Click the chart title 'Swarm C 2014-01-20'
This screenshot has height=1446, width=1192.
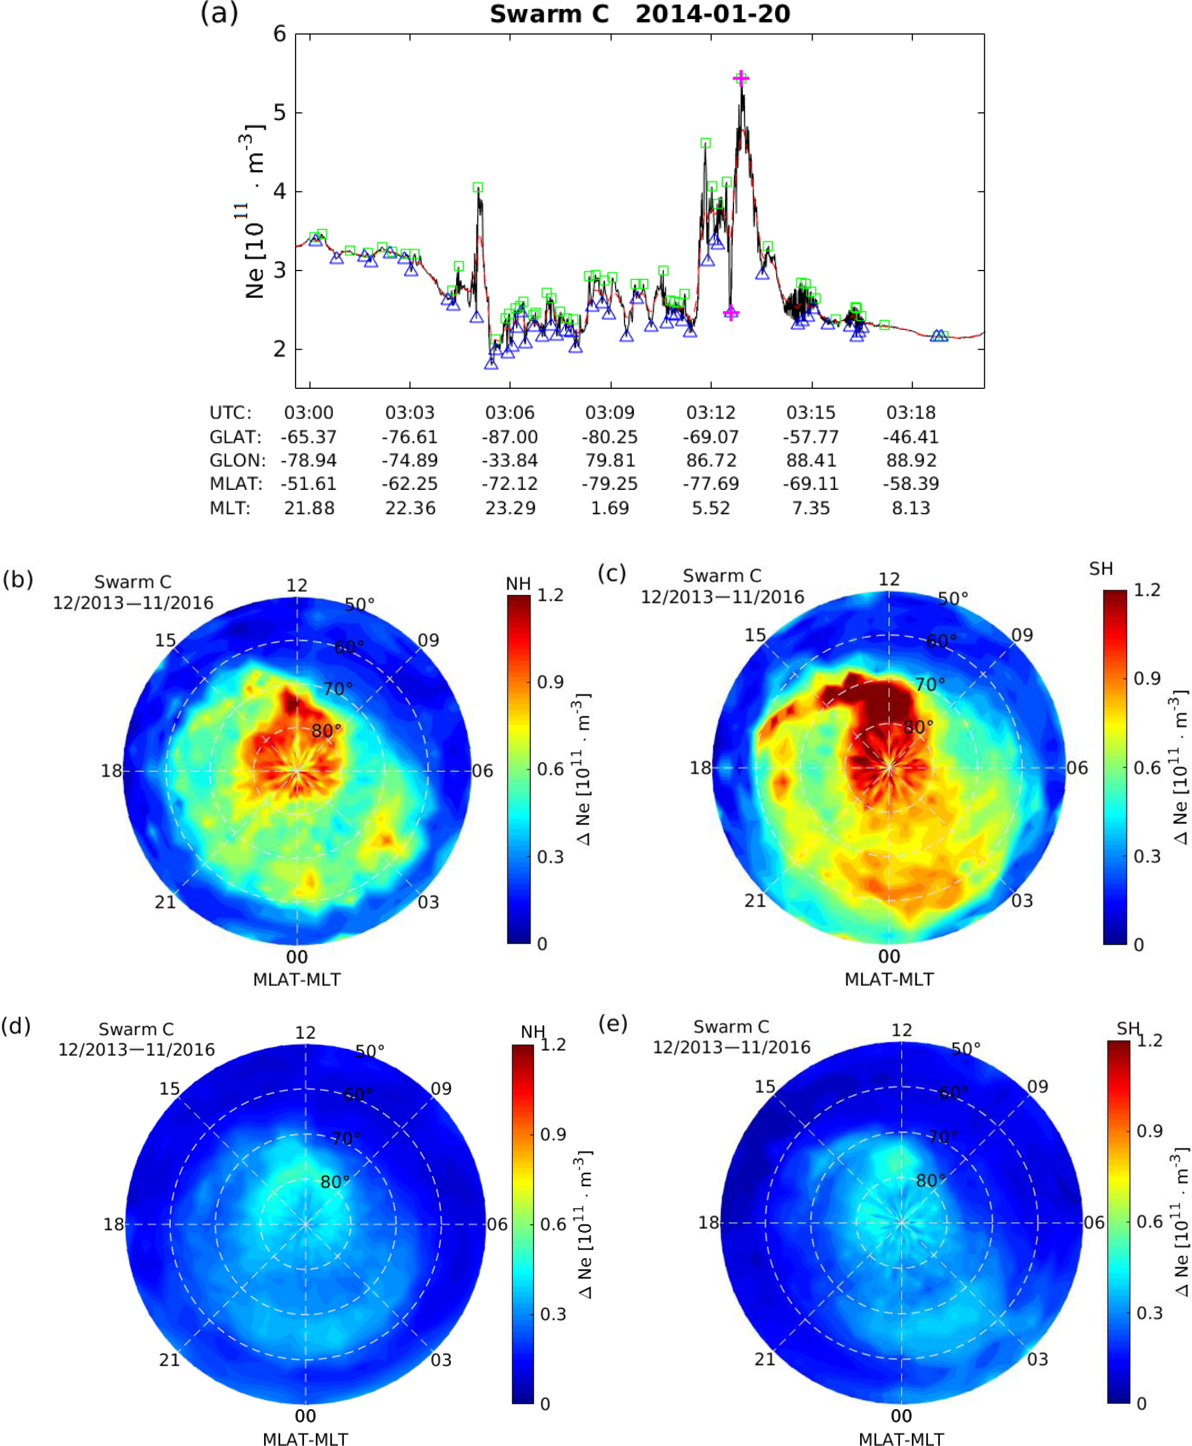[x=639, y=14]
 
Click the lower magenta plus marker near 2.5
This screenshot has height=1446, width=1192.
[x=730, y=313]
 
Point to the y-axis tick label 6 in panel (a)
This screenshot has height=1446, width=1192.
[x=280, y=34]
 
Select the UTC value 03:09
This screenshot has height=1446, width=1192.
[x=610, y=413]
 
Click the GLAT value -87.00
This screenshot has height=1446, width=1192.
[x=510, y=436]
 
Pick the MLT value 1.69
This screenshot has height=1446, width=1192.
[x=610, y=508]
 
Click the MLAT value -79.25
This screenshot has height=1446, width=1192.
[x=610, y=484]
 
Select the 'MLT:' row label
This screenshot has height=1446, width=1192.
[x=230, y=508]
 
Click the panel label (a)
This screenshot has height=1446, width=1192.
[x=219, y=12]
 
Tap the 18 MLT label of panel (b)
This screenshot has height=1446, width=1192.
[x=111, y=771]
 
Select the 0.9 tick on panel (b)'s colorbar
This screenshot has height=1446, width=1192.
[x=550, y=682]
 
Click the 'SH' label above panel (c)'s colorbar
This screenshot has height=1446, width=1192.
[x=1100, y=568]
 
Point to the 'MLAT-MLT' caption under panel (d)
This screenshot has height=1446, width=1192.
[x=305, y=1439]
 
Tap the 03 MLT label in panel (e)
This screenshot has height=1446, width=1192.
[x=1037, y=1359]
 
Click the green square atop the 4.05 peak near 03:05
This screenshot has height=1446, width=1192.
[x=477, y=187]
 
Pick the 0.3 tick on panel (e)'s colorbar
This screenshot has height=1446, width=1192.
[x=1149, y=1312]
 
